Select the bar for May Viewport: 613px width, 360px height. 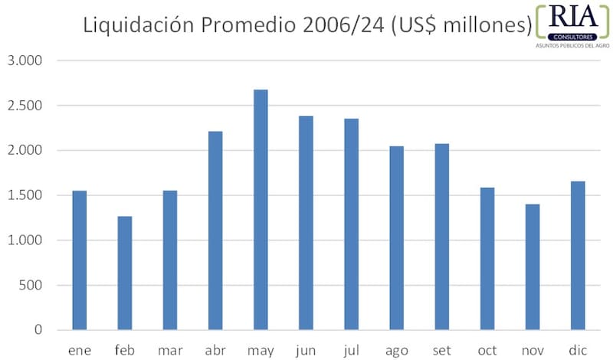pyautogui.click(x=261, y=210)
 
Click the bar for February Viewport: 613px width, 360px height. pyautogui.click(x=125, y=273)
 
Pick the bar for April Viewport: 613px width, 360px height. pyautogui.click(x=215, y=231)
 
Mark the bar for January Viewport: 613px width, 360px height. pyautogui.click(x=80, y=260)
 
